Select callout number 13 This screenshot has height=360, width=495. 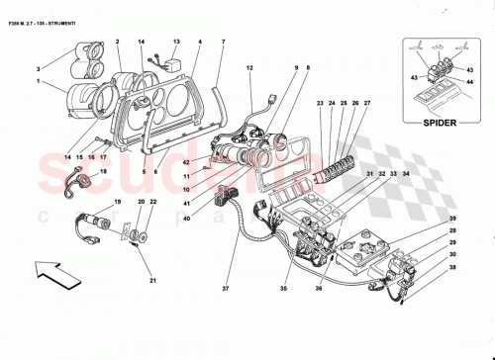tap(176, 43)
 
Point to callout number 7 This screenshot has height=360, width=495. tap(223, 42)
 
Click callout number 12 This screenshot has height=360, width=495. tap(249, 67)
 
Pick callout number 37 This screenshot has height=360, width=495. tap(227, 291)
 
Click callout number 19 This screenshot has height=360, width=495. tap(117, 202)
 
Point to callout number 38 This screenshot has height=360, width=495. tap(454, 267)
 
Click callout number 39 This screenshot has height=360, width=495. tap(454, 218)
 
